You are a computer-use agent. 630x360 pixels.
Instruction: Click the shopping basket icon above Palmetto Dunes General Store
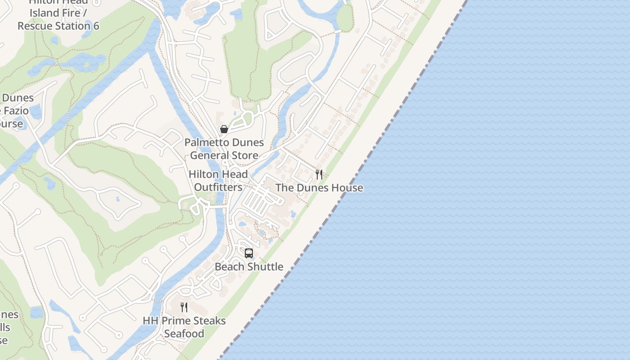point(224,130)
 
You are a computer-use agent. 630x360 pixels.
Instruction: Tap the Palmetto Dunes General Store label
point(224,149)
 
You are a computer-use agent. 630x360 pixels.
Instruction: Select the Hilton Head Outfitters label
point(218,180)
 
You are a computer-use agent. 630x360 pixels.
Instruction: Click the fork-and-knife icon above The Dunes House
point(319,175)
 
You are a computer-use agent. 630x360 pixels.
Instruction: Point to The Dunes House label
point(319,188)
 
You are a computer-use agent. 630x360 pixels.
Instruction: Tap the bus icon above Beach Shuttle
point(249,253)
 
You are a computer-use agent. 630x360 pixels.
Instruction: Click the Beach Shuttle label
point(249,266)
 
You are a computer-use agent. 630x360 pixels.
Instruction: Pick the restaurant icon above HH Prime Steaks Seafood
point(184,307)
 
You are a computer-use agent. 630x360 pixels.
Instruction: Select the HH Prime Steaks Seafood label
point(184,327)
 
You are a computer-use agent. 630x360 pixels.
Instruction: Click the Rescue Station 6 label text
point(58,26)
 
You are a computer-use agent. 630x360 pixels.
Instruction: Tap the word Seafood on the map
point(184,334)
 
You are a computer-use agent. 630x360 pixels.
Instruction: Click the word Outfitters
point(218,187)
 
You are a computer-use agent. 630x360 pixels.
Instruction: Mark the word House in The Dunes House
point(347,188)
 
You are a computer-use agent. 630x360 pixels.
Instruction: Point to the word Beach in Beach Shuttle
point(229,266)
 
